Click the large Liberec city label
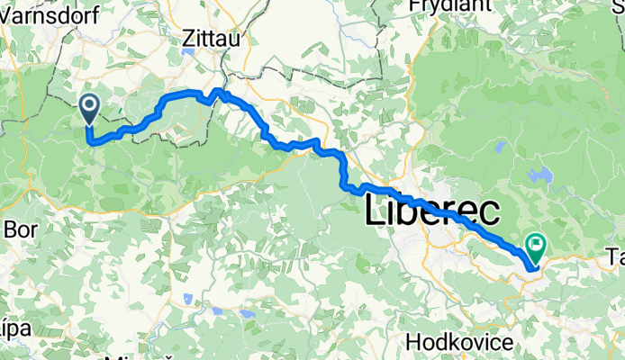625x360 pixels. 433,213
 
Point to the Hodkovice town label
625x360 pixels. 459,342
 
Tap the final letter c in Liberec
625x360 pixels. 490,214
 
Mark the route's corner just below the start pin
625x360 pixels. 89,140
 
